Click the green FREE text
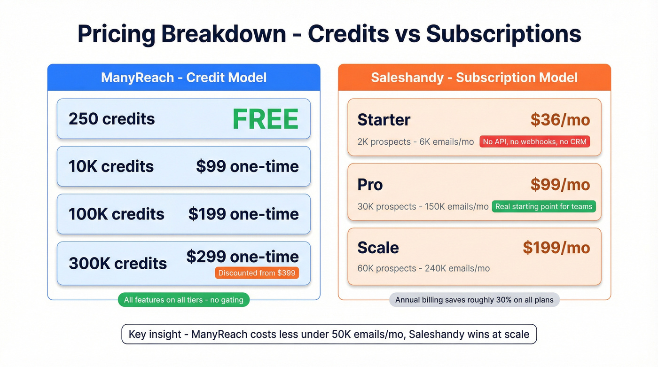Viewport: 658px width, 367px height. click(266, 119)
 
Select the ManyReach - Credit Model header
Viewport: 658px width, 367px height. click(184, 78)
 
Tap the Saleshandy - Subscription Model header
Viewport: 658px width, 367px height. click(474, 78)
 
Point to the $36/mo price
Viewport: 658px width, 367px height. click(560, 120)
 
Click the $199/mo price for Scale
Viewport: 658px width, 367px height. click(556, 248)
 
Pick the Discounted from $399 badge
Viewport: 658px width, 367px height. click(257, 273)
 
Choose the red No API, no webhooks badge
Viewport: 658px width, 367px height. click(535, 141)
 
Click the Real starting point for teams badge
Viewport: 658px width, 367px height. click(544, 206)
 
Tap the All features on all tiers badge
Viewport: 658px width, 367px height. click(184, 300)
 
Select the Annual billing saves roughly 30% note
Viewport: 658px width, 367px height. click(474, 300)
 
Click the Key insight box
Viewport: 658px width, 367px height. click(329, 334)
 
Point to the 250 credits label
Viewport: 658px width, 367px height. click(112, 119)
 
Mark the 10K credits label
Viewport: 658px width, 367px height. click(111, 166)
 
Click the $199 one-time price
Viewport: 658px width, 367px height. click(243, 214)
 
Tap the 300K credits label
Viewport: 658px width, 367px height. click(118, 263)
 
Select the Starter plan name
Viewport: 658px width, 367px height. click(384, 120)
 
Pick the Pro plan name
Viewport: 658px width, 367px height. click(370, 185)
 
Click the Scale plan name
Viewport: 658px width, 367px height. click(378, 248)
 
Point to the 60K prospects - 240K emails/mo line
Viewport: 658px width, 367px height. click(423, 268)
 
